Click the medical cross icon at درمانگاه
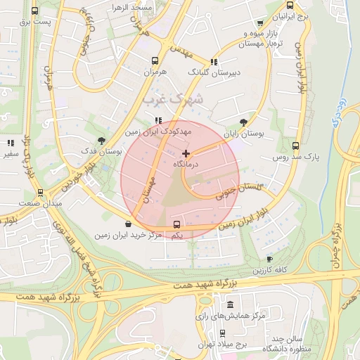click(x=186, y=153)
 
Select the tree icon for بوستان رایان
click(x=243, y=122)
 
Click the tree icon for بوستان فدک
click(x=102, y=141)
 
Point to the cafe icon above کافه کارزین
click(x=269, y=259)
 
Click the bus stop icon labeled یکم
click(x=176, y=224)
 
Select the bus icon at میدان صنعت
click(x=40, y=192)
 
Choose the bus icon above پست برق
click(x=35, y=11)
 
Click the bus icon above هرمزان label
click(x=155, y=61)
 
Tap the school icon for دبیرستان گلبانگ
click(x=214, y=62)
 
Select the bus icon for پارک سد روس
click(x=296, y=147)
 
